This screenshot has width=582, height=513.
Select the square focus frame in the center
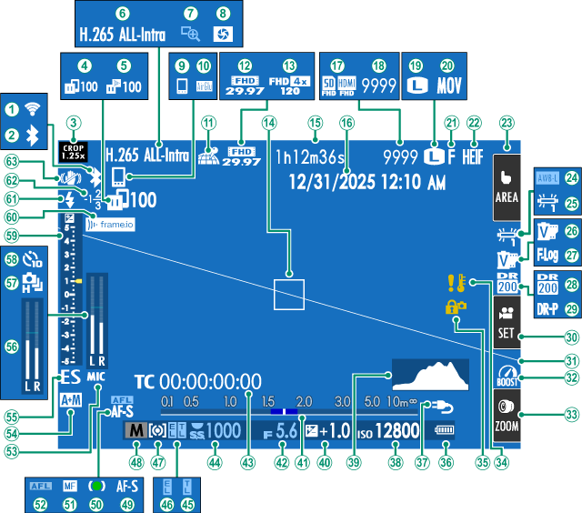click(x=289, y=294)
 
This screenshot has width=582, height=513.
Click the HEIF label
click(x=474, y=156)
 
